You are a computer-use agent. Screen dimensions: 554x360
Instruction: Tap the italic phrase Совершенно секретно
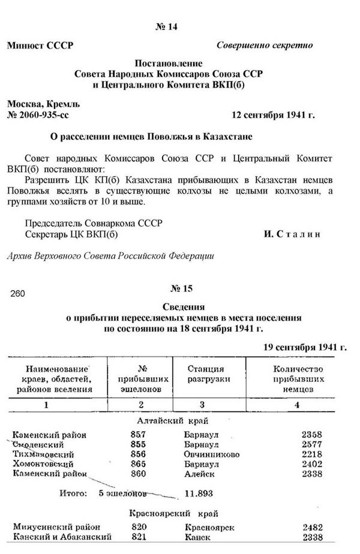[x=264, y=45]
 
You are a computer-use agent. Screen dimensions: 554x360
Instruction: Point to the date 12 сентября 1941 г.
[x=273, y=113]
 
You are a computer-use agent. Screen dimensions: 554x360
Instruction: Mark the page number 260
[x=18, y=294]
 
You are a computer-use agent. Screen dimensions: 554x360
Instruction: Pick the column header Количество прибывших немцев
[x=298, y=379]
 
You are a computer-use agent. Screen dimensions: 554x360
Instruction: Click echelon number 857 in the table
[x=138, y=435]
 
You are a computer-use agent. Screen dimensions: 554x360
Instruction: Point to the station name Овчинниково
[x=212, y=454]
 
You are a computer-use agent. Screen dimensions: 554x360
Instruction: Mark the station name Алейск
[x=200, y=473]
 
